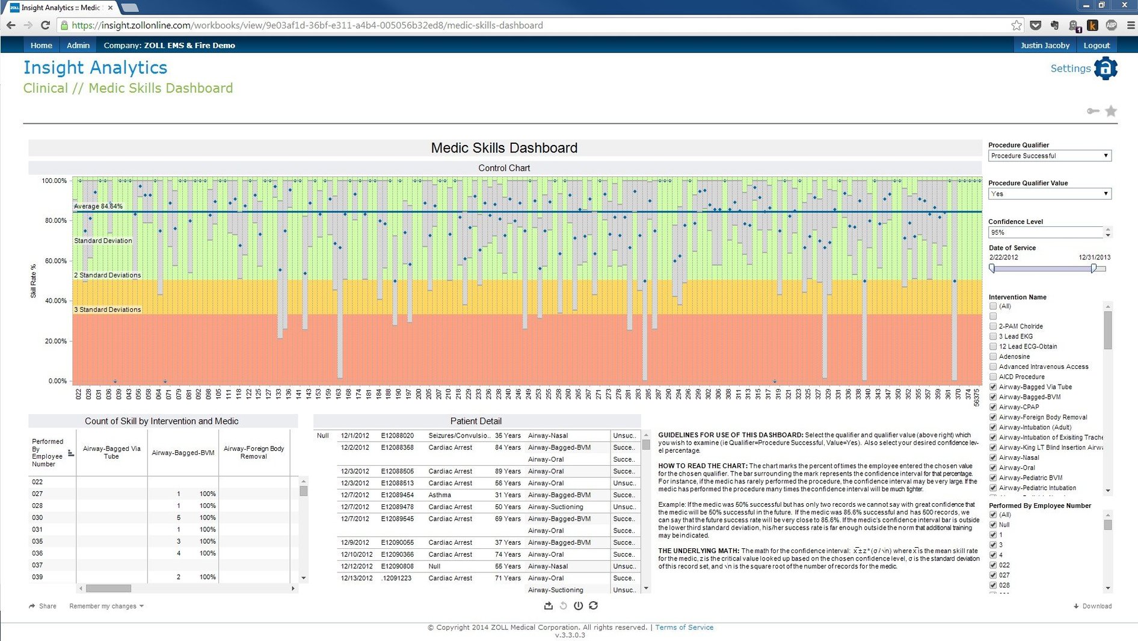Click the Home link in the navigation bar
click(41, 45)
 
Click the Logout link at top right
click(1096, 45)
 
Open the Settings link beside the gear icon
click(1070, 69)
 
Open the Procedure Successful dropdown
click(1049, 156)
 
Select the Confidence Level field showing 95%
click(1045, 232)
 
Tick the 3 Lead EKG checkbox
click(993, 336)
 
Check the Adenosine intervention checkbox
click(993, 357)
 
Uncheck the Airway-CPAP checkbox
click(993, 407)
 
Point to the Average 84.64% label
click(98, 206)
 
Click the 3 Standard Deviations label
click(107, 309)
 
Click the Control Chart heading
click(504, 168)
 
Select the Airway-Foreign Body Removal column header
click(253, 453)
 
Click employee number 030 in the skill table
click(37, 518)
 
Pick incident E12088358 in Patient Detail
click(397, 448)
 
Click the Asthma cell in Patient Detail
click(439, 495)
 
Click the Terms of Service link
click(684, 627)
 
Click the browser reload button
click(45, 25)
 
